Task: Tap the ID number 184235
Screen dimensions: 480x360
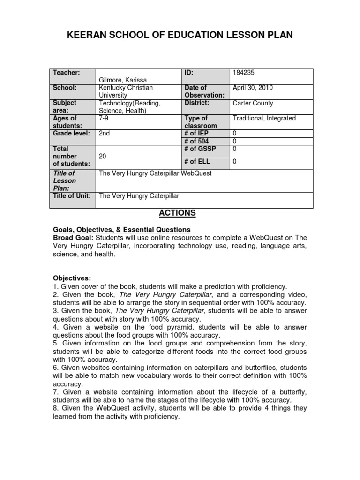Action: [244, 73]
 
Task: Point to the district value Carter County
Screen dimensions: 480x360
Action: [253, 103]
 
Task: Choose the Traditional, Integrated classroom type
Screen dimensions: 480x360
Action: [264, 118]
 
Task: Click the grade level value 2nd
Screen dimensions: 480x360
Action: [105, 133]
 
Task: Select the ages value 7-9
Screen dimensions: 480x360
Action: [104, 118]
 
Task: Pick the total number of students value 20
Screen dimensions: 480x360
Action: [104, 156]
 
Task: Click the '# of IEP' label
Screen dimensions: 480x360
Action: [196, 133]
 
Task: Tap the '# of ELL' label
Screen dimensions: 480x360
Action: [197, 162]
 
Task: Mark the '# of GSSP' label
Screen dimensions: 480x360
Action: [199, 149]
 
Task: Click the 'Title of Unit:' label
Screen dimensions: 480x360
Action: [72, 196]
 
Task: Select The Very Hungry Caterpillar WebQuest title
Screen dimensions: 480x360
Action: [155, 173]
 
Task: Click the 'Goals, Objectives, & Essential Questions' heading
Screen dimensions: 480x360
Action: [121, 230]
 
